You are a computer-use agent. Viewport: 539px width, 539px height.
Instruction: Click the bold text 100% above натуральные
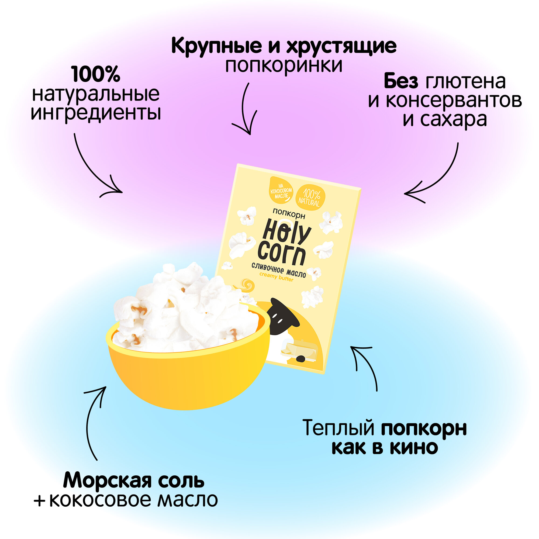pos(96,74)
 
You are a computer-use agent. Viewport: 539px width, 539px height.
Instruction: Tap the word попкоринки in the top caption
pos(284,65)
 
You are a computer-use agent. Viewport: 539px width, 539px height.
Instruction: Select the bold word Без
pos(401,81)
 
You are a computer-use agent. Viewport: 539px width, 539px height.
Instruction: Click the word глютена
pos(465,81)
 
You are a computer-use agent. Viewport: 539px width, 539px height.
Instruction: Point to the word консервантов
pos(454,101)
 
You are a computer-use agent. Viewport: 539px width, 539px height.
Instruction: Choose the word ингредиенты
pos(96,113)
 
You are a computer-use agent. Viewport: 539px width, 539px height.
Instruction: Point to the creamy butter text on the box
pos(276,277)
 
